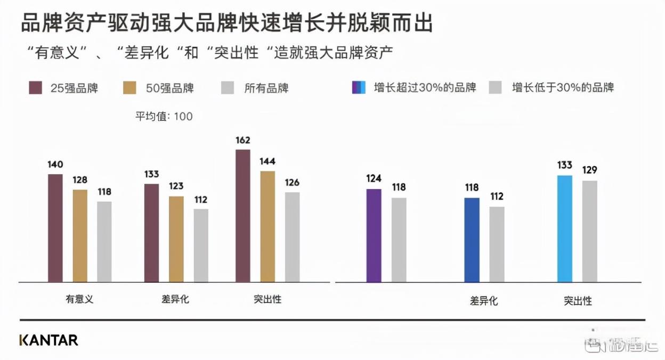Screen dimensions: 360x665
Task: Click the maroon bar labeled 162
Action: (x=242, y=216)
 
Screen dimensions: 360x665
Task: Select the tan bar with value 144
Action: (x=267, y=226)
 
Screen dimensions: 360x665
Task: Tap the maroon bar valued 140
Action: (x=55, y=228)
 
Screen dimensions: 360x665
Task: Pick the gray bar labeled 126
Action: (x=292, y=237)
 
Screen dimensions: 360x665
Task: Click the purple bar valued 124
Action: (x=374, y=235)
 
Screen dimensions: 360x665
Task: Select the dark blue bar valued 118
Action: (x=472, y=240)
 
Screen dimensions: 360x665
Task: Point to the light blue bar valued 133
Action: (x=565, y=228)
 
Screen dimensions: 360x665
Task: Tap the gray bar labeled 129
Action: (x=589, y=231)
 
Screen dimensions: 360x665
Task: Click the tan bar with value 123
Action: (x=176, y=239)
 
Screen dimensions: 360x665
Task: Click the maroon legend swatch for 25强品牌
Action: (x=35, y=88)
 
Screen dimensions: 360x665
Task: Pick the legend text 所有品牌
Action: (x=266, y=88)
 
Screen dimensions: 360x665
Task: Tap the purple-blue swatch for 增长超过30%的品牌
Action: (x=359, y=87)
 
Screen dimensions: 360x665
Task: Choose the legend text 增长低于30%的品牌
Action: (x=563, y=87)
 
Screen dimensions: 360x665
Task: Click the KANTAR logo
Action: (x=48, y=340)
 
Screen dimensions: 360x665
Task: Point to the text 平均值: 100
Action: (x=164, y=116)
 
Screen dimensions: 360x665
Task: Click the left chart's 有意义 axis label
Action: (x=79, y=299)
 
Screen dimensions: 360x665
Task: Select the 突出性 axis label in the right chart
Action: (x=578, y=301)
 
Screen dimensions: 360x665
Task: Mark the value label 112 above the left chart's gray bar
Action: (x=201, y=200)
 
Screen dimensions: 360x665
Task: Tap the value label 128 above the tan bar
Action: (x=80, y=180)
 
